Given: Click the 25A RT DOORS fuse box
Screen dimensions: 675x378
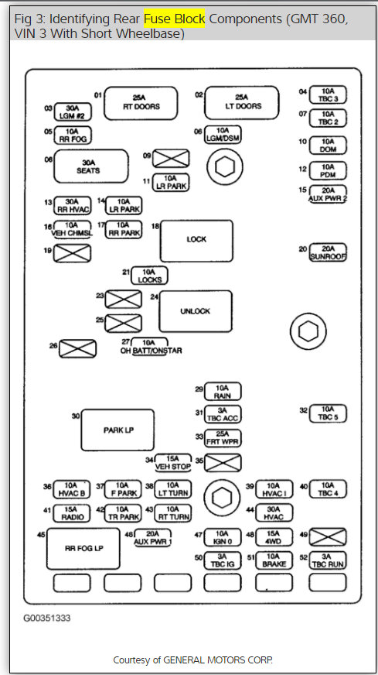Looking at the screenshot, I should (x=141, y=102).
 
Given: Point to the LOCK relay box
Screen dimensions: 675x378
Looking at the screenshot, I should (x=196, y=241).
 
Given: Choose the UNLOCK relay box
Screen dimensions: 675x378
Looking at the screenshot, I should (x=195, y=311).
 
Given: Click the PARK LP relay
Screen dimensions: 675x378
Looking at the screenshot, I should (x=117, y=430).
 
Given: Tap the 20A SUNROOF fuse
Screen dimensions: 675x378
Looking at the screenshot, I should (x=328, y=252).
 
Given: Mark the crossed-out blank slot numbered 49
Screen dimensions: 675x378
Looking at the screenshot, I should (x=328, y=536).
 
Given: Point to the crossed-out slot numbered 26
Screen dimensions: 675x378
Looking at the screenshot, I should (x=77, y=349).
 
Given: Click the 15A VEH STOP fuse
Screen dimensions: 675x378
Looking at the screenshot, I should (x=173, y=462).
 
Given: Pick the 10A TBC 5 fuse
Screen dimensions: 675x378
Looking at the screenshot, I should (x=329, y=413).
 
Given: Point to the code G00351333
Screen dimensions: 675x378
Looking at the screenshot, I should (x=49, y=618).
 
